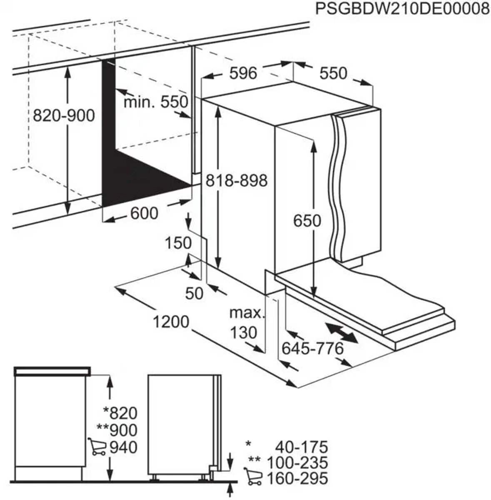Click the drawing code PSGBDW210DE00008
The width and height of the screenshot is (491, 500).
[x=402, y=10]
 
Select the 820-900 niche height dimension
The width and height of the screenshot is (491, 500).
[x=64, y=115]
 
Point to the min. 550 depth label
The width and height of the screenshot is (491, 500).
[x=156, y=102]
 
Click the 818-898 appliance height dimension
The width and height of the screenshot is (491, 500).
[x=236, y=180]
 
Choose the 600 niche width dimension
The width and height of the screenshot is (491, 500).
[x=144, y=213]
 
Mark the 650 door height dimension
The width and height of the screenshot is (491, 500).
[x=307, y=221]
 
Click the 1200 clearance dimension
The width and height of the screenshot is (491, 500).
[x=171, y=322]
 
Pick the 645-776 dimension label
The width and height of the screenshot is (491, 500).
[x=312, y=348]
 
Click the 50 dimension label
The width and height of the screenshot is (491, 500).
[x=194, y=293]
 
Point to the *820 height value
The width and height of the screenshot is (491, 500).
[x=120, y=413]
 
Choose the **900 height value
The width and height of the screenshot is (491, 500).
[x=117, y=430]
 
